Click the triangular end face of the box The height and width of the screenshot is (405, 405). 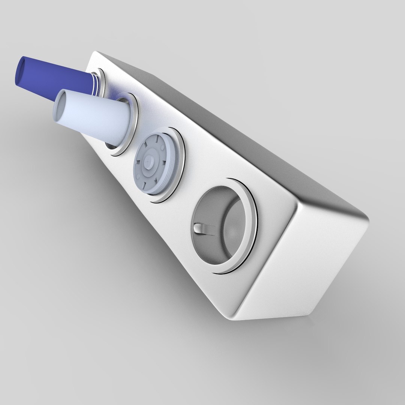[x=300, y=259]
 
